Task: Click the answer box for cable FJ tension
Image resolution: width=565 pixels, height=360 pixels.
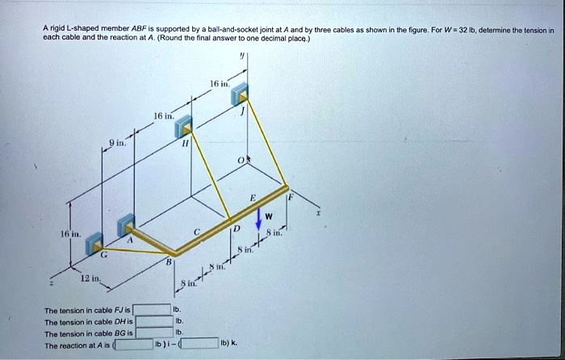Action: pyautogui.click(x=153, y=309)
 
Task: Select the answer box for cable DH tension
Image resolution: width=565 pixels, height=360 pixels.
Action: pyautogui.click(x=153, y=320)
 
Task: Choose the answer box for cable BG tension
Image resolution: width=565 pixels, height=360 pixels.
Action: pyautogui.click(x=153, y=332)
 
